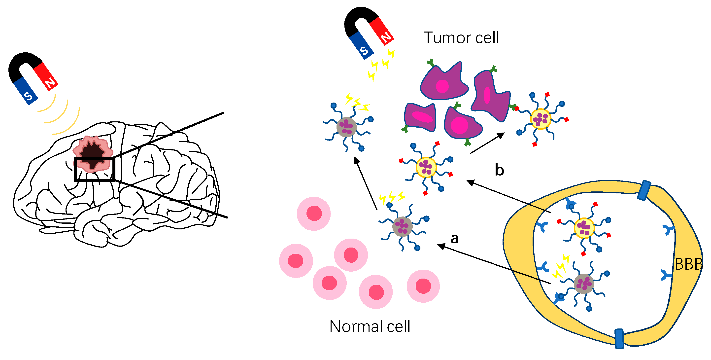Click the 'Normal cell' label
[370, 326]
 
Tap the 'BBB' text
[688, 264]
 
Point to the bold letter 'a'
[454, 238]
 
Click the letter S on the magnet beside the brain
[28, 96]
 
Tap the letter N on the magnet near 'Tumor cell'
[386, 37]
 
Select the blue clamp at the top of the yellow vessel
[644, 190]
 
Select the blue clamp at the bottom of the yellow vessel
[619, 338]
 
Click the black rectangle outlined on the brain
[94, 169]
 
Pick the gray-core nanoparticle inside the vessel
[583, 284]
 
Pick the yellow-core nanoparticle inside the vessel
[584, 228]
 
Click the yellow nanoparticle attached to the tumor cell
[541, 119]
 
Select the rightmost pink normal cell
[423, 286]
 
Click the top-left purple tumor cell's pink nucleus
[442, 86]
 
